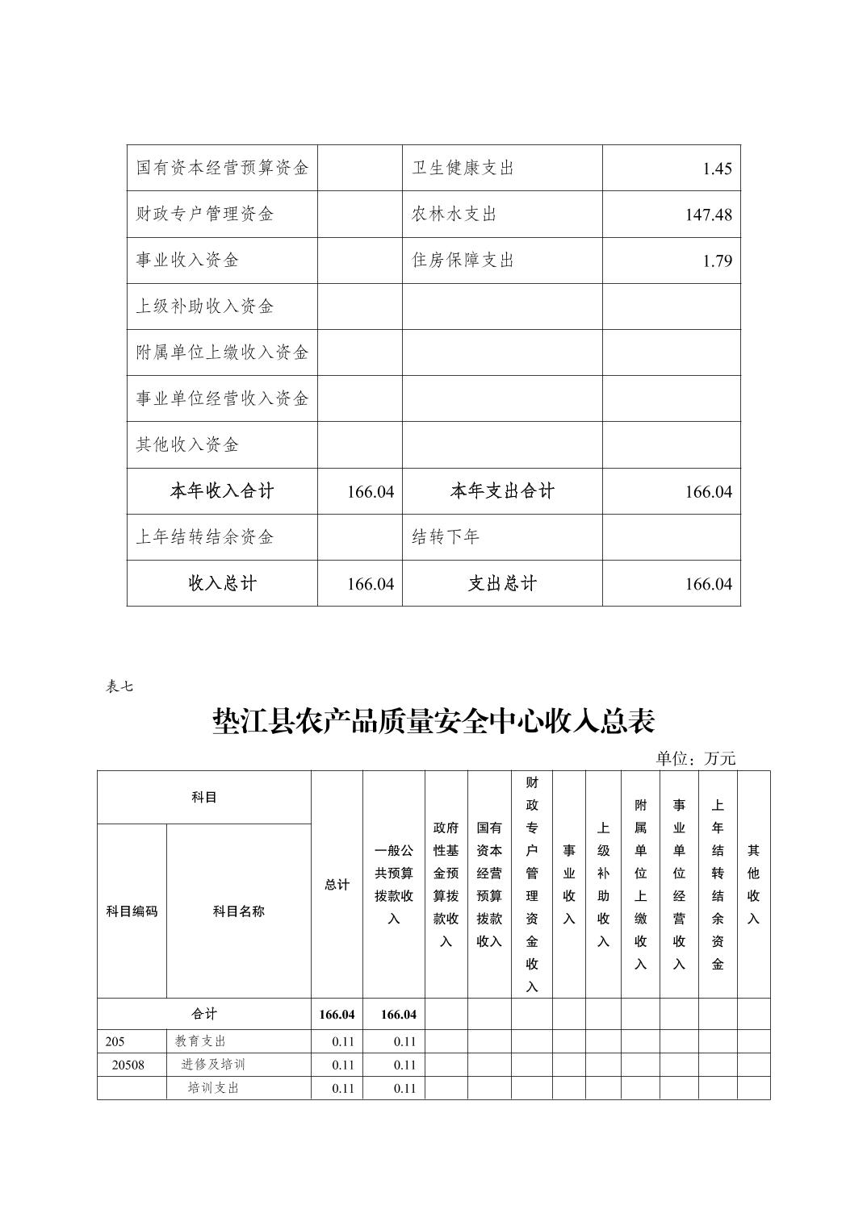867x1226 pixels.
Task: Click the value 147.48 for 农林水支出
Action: (x=708, y=215)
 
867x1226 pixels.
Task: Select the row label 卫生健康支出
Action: (x=463, y=168)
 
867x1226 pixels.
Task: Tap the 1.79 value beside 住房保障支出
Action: (x=717, y=261)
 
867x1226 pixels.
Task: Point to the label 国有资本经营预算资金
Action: (x=222, y=168)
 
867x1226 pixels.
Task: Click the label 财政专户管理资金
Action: (x=205, y=214)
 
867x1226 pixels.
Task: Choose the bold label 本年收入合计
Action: (x=221, y=490)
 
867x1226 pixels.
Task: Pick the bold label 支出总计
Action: (x=502, y=583)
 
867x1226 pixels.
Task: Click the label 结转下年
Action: (x=446, y=537)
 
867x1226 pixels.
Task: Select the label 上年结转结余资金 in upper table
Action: (x=205, y=537)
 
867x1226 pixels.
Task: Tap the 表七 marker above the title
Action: (x=119, y=686)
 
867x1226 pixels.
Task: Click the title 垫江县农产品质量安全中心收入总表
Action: (x=433, y=721)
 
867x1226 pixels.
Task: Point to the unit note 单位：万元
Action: (x=695, y=758)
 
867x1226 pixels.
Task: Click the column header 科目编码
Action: (x=132, y=911)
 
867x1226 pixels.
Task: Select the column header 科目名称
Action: (x=238, y=911)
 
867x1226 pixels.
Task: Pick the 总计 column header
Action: (x=337, y=885)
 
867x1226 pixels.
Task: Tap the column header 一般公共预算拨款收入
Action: (x=393, y=885)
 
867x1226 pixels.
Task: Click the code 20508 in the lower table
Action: (x=128, y=1065)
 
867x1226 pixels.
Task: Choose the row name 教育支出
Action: (x=200, y=1041)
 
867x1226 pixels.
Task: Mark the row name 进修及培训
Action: (x=213, y=1065)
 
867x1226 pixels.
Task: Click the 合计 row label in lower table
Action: (x=204, y=1014)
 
